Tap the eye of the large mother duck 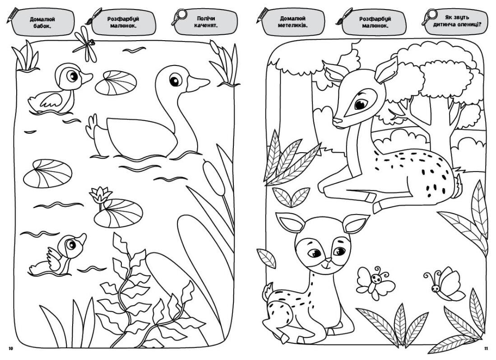point(174,79)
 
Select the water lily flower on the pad point(101,195)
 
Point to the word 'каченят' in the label point(206,25)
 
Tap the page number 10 point(11,349)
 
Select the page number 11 point(486,349)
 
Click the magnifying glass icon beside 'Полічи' point(180,17)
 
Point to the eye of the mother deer point(361,103)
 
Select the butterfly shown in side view point(446,284)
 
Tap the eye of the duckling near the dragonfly point(73,76)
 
